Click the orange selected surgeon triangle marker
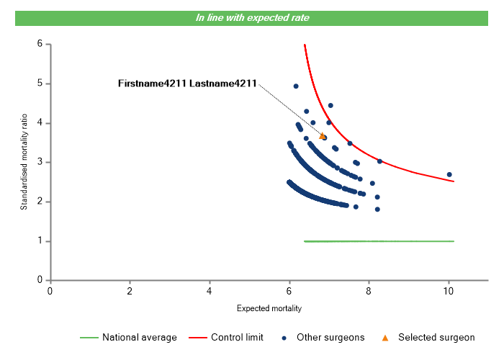pos(322,135)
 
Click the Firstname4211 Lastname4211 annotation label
pos(187,84)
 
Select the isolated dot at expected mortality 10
pos(449,175)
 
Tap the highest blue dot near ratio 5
pos(296,86)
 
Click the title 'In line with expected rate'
pos(252,17)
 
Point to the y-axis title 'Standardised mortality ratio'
pos(24,161)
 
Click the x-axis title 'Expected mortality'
pos(269,309)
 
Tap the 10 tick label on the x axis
pos(449,291)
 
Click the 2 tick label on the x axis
pos(130,291)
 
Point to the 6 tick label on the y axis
pos(40,44)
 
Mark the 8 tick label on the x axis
pos(369,291)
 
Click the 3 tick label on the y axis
pos(40,162)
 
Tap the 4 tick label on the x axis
pos(210,291)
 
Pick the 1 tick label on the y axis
pos(40,241)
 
